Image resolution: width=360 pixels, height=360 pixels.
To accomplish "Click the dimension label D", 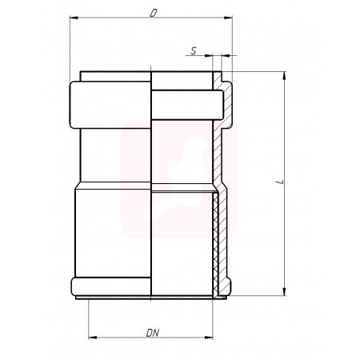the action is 153,13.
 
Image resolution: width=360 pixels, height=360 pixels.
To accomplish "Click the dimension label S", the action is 194,50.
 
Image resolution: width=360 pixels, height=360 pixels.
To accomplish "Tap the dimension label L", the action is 280,182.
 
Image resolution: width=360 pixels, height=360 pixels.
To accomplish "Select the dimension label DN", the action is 153,333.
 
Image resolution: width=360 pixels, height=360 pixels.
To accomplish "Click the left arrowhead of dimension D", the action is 74,18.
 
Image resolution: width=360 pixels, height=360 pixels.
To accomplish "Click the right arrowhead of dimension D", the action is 228,18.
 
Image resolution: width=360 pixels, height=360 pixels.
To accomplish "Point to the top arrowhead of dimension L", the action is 284,76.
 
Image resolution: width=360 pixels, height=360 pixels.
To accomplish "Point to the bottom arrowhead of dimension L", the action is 284,291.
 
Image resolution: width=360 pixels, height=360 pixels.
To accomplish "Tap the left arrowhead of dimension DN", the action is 93,338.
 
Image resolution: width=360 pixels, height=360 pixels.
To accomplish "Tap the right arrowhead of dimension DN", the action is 209,338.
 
